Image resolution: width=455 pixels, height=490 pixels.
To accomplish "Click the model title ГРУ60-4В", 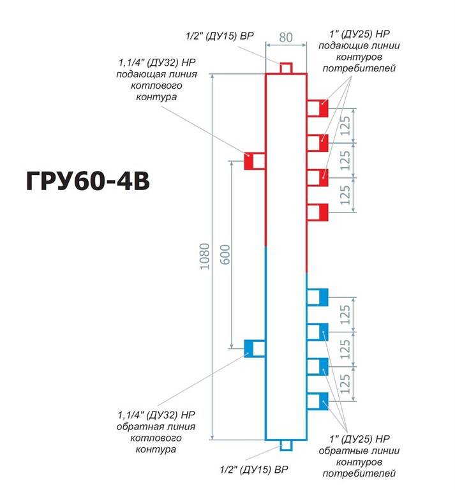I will (x=88, y=181).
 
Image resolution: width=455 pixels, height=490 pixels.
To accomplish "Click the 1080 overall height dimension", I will (x=204, y=256).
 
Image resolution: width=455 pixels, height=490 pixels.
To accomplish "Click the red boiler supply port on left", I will (x=255, y=161).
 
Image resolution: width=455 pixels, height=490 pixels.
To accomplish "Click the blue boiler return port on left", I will (x=255, y=348).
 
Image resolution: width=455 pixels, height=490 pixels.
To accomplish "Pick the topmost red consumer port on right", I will (x=317, y=108).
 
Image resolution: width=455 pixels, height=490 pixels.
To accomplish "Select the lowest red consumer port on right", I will (x=317, y=212).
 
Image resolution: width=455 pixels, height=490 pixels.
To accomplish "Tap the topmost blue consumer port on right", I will (x=317, y=297).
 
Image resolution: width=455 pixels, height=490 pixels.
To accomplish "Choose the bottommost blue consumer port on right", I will (x=317, y=401).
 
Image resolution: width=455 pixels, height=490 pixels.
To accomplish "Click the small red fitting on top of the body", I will (x=286, y=68).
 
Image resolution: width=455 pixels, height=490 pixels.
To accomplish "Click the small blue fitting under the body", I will (x=286, y=445).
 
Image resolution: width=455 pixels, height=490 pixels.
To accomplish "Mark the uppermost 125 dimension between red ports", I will (x=345, y=126).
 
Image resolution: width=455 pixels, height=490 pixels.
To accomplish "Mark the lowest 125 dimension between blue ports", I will (x=345, y=383).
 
